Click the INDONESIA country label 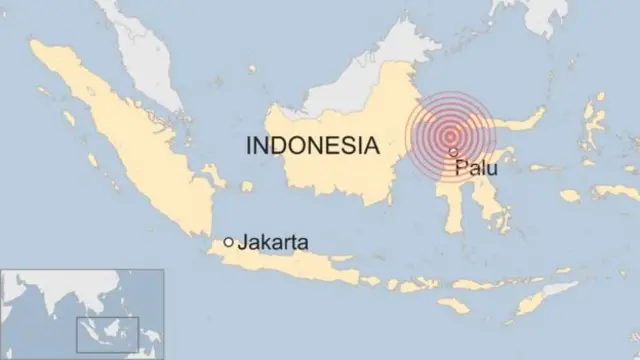click(x=313, y=146)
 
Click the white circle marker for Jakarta click(x=229, y=241)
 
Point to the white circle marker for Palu click(x=454, y=152)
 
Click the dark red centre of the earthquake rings click(x=451, y=137)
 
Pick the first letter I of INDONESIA click(x=249, y=146)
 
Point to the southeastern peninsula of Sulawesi click(x=496, y=210)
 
